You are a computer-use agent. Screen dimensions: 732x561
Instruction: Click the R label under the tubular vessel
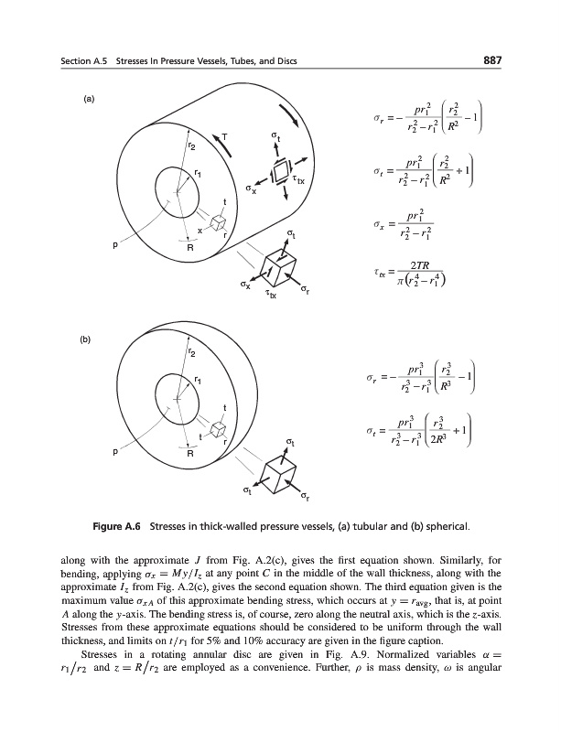(190, 248)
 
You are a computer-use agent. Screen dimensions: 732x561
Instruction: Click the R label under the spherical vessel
(190, 454)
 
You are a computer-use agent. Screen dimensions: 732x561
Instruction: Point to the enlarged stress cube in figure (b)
(279, 472)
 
